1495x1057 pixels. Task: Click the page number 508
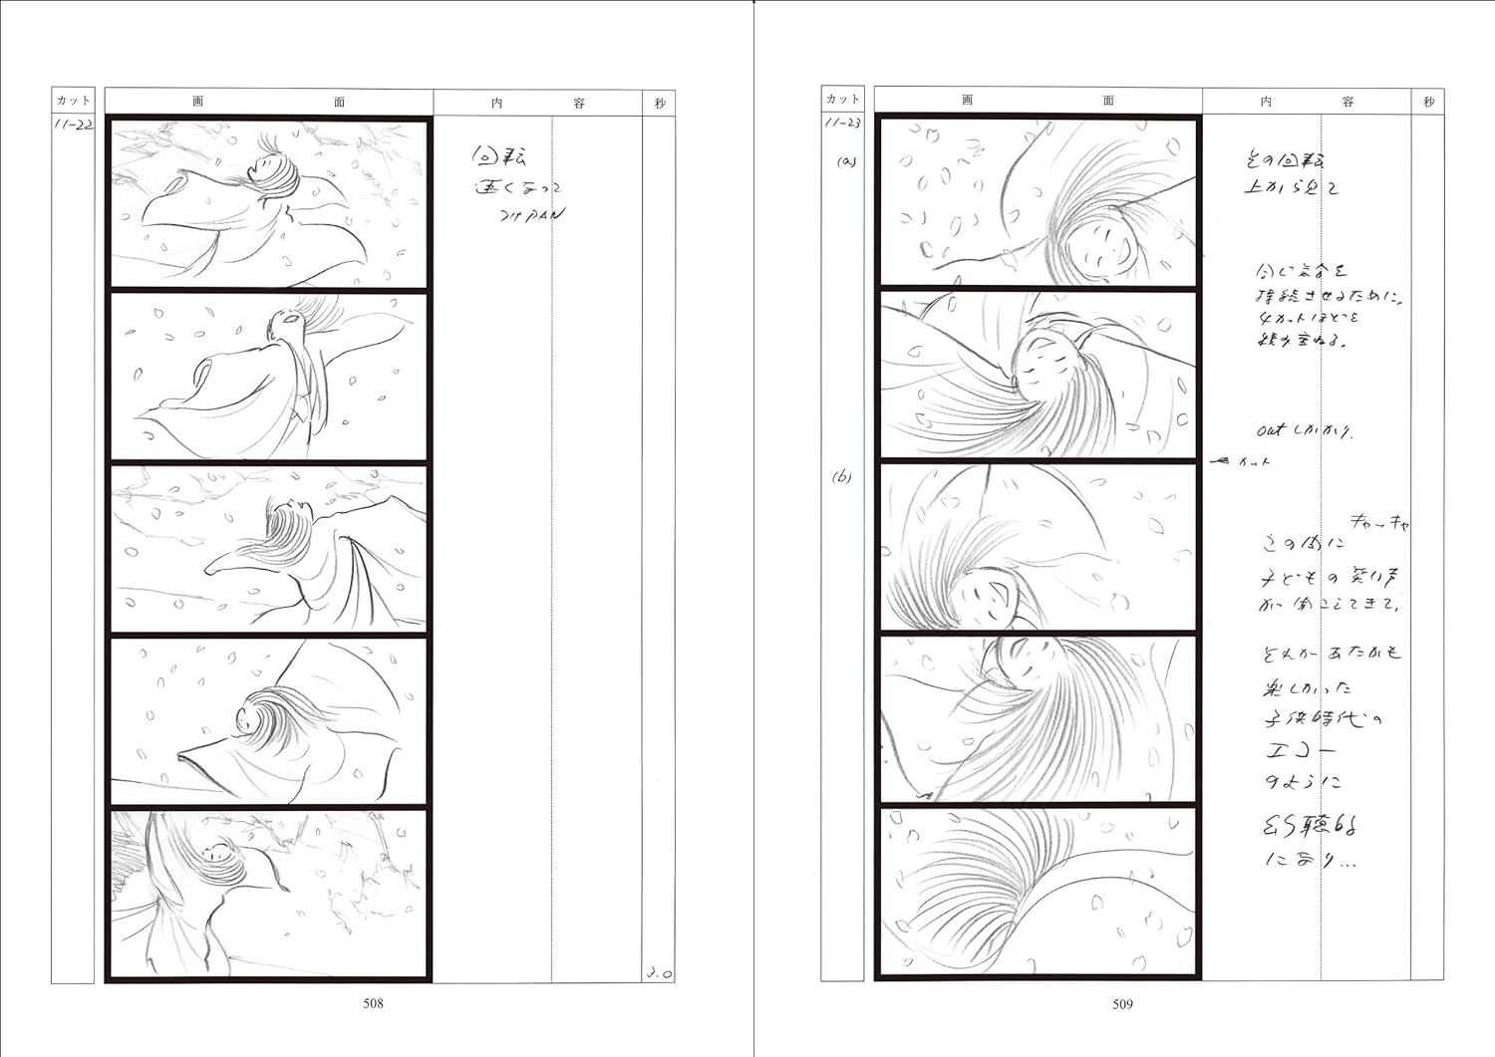(x=373, y=1003)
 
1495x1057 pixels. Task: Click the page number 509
(x=1122, y=1004)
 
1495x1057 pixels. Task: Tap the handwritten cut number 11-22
(x=73, y=126)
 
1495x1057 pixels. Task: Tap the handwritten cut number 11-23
(x=842, y=123)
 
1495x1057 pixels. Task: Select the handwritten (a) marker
(x=846, y=161)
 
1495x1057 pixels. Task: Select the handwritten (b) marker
(x=842, y=477)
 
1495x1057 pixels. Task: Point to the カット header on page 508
(x=73, y=101)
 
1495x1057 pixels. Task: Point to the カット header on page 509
(x=842, y=99)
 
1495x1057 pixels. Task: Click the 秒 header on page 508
(x=659, y=103)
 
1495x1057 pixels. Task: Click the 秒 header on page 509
(x=1428, y=102)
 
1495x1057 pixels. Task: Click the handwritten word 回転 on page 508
(x=498, y=156)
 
